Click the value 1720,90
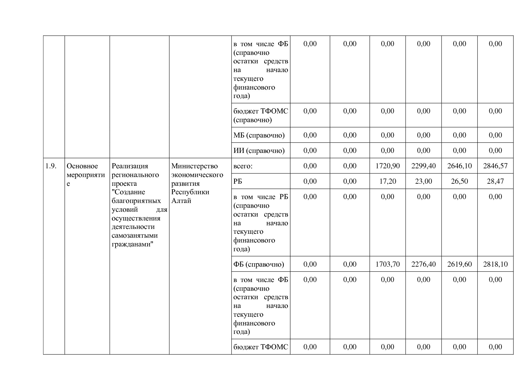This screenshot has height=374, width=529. point(388,166)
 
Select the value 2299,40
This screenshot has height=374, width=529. point(423,166)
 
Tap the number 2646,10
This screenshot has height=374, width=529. point(459,166)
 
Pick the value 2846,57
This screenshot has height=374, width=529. point(495,166)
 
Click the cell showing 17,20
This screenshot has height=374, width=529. point(388,181)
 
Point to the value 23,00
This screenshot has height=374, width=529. point(423,181)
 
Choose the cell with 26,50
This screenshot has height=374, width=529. point(459,181)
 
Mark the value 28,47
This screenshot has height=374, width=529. point(495,181)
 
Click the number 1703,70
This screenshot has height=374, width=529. point(388,264)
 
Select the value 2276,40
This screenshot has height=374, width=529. point(423,264)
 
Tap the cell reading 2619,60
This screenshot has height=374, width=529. point(459,264)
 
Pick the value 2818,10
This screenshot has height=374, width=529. point(495,264)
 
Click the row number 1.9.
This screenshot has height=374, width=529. point(51,166)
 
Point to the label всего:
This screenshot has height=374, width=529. point(243,166)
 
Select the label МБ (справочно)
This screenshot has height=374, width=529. point(259,135)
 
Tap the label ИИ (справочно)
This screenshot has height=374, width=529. point(259,151)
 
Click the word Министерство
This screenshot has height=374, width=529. point(195,166)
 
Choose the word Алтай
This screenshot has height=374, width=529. point(181,201)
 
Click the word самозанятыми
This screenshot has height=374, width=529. point(135,236)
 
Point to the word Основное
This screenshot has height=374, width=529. point(82,166)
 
